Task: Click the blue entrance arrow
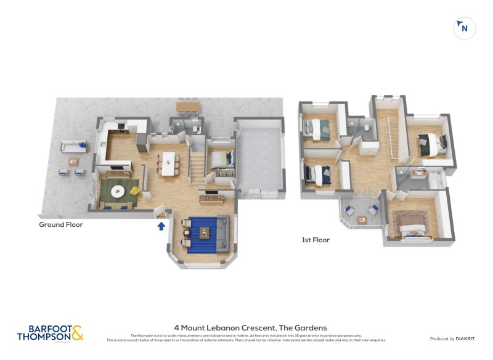click(x=161, y=226)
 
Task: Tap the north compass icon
click(x=464, y=28)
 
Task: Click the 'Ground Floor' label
click(x=61, y=225)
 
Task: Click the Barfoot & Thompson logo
click(x=49, y=333)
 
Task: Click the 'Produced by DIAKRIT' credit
click(x=450, y=338)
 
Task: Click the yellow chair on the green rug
click(x=134, y=190)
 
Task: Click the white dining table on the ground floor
click(x=168, y=163)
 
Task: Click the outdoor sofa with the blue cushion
click(x=73, y=147)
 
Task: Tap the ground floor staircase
click(x=197, y=166)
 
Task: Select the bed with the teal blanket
click(x=319, y=129)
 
